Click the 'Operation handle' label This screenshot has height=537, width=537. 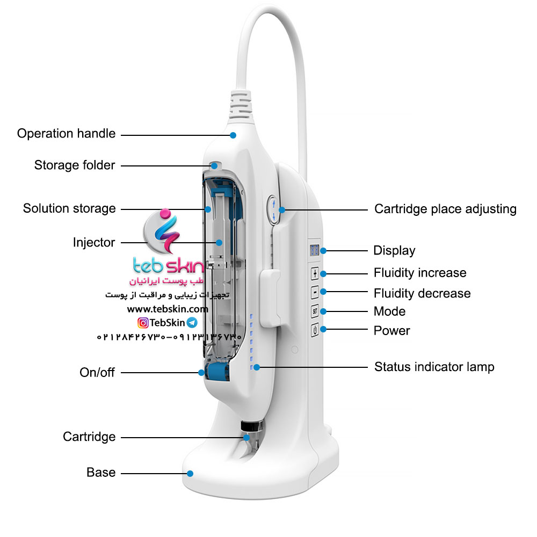[66, 134]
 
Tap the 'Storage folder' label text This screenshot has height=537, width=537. [75, 165]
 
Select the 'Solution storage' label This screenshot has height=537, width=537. [69, 208]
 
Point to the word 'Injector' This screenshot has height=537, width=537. [94, 243]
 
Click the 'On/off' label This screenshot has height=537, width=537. [97, 372]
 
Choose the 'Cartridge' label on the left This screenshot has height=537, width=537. [89, 437]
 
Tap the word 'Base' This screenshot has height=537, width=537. [101, 473]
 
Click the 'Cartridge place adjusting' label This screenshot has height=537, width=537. [445, 209]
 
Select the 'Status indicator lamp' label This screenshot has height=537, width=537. [434, 367]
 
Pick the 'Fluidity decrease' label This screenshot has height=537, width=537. [422, 294]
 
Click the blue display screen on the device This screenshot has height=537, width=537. [315, 250]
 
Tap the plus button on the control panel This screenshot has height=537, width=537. [315, 273]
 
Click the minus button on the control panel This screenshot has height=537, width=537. [315, 292]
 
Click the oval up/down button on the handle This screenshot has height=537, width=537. [273, 209]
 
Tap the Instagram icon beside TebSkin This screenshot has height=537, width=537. [143, 323]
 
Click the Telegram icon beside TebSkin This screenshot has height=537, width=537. [192, 323]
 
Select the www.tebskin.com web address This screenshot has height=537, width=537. [167, 309]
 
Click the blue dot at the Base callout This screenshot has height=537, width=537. [190, 473]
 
